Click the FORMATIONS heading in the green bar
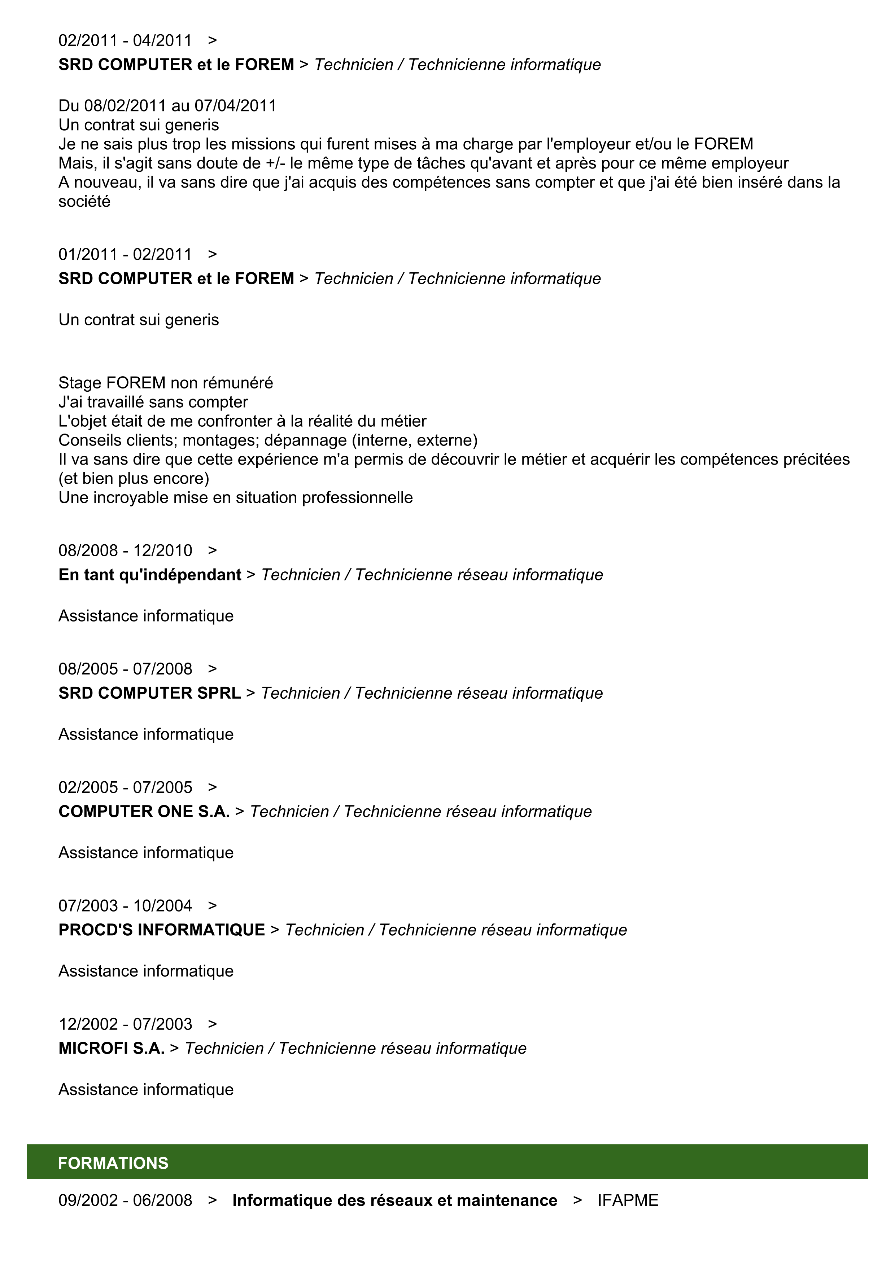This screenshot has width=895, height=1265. [113, 1163]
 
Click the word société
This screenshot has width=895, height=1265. [84, 201]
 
